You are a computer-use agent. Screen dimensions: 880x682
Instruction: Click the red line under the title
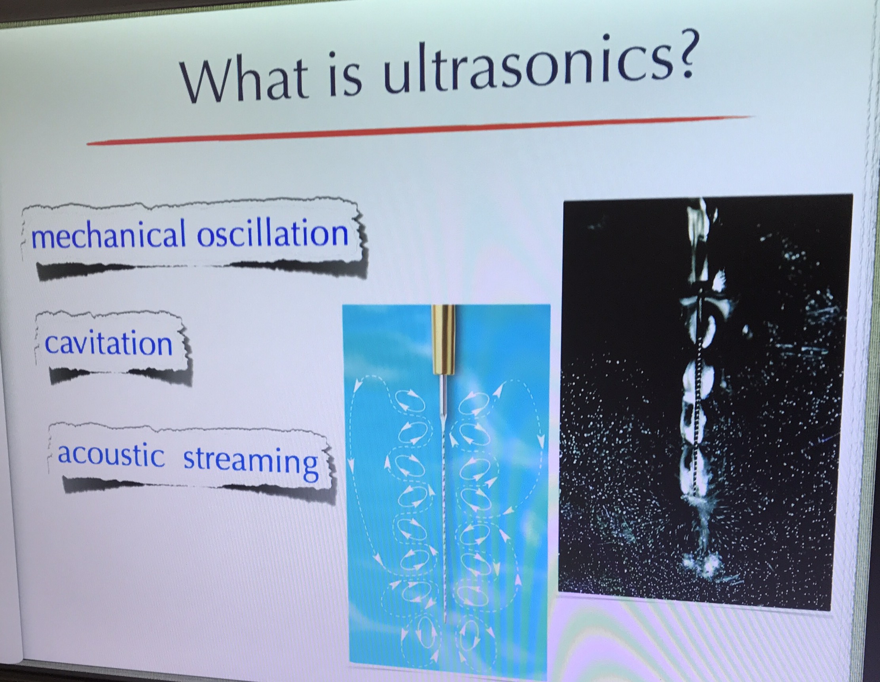point(419,129)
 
